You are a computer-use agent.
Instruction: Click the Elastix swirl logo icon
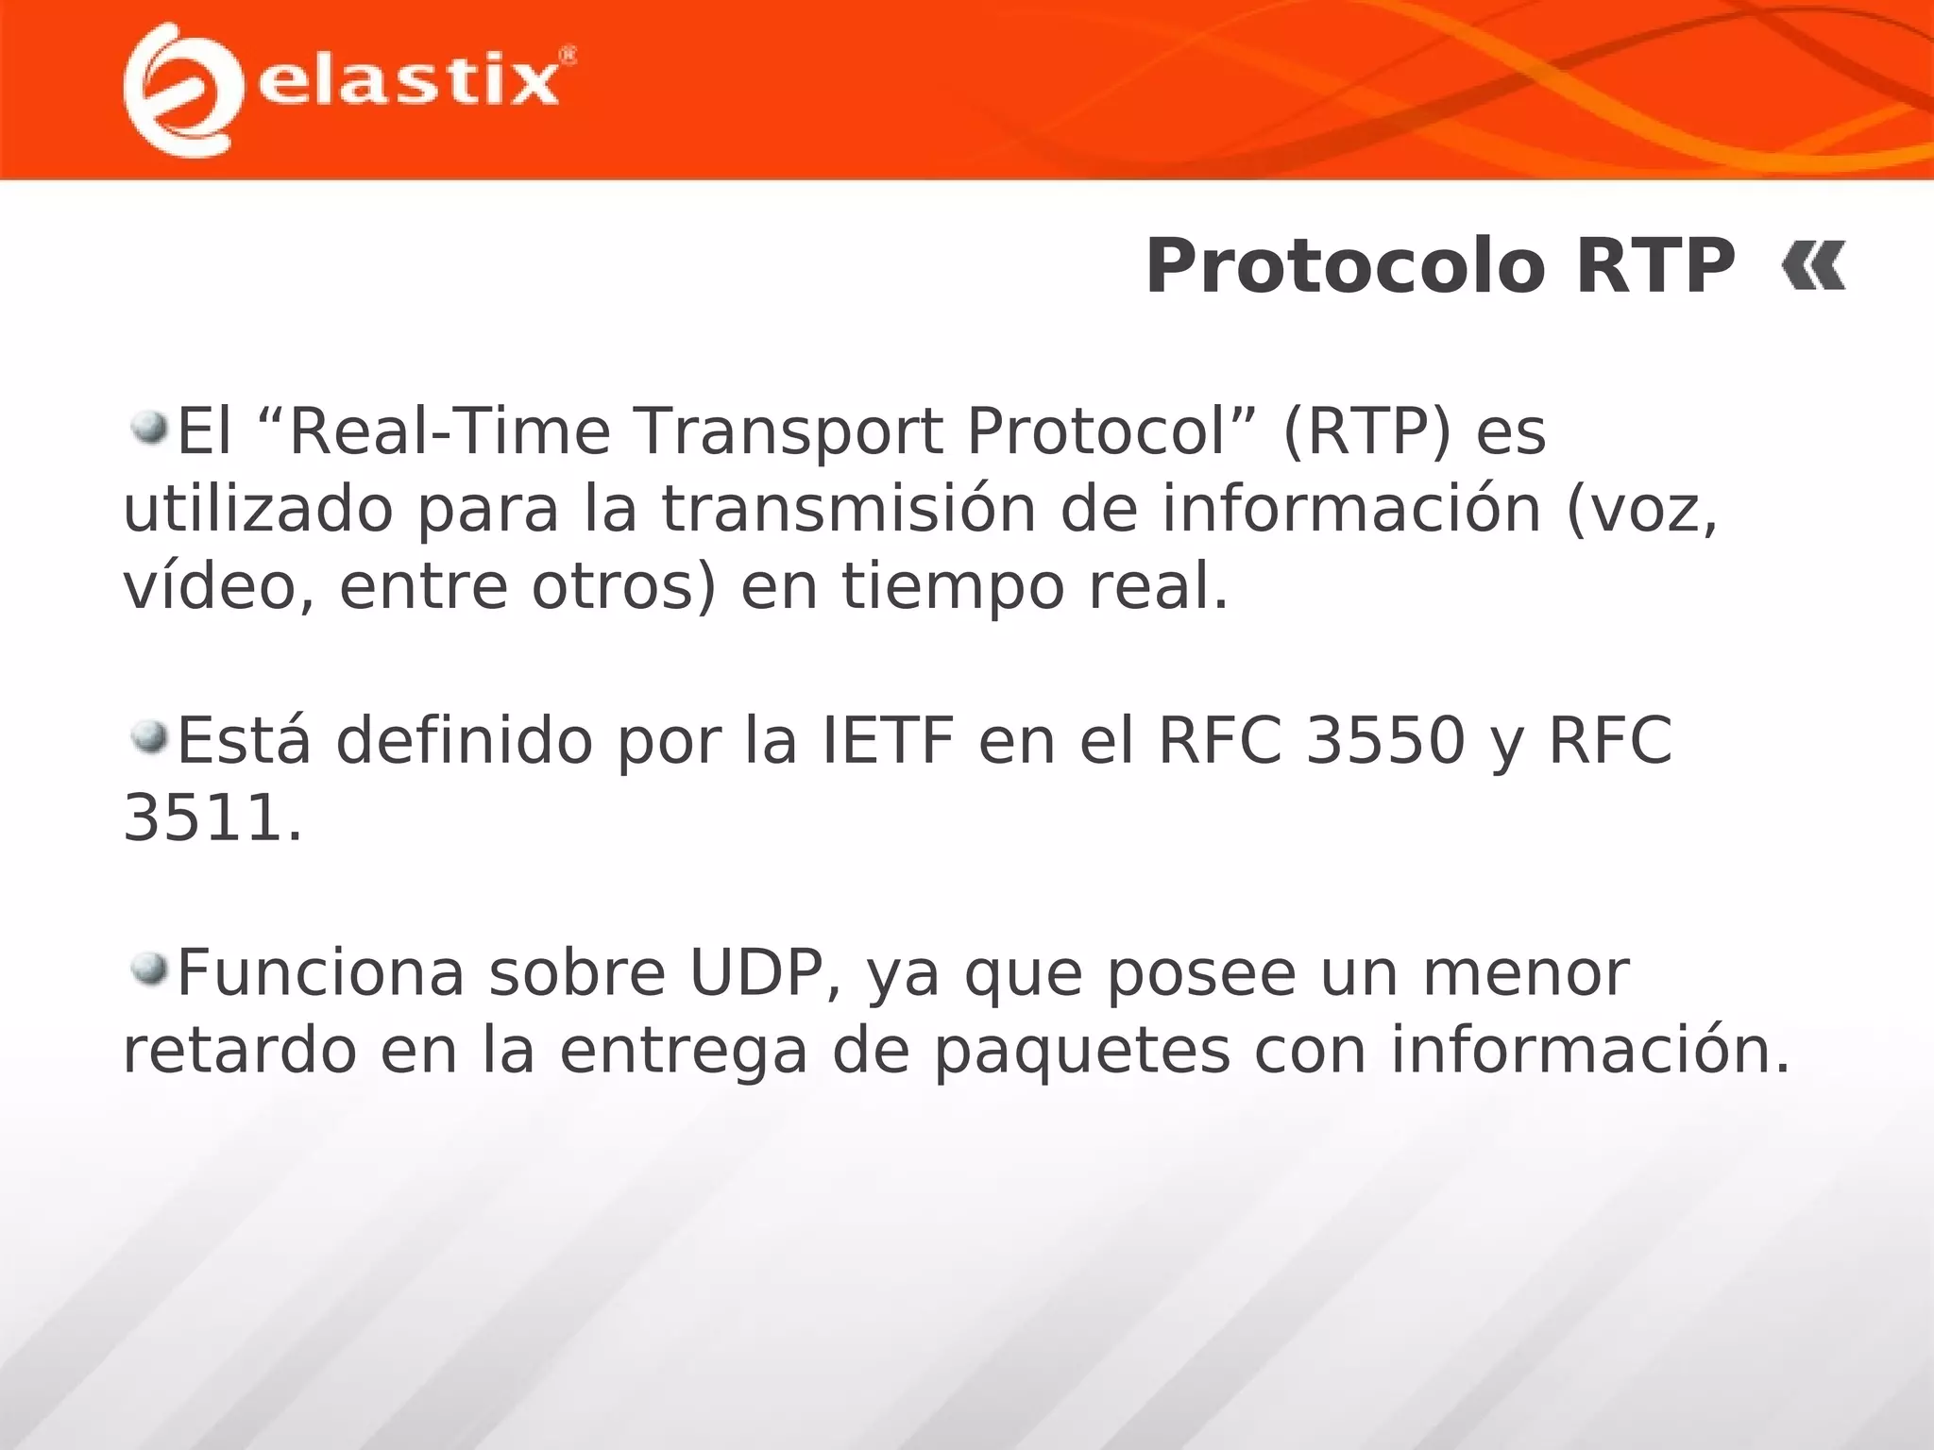177,90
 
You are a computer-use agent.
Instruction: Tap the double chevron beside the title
1813,267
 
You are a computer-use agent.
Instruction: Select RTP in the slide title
1654,267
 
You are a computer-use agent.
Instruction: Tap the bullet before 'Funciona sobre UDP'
148,969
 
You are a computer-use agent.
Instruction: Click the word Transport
789,432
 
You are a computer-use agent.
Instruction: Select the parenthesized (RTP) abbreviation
1366,432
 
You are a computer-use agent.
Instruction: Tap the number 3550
1385,741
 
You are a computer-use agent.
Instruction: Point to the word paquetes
1082,1052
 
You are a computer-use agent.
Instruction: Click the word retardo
240,1051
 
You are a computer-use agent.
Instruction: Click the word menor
1526,973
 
